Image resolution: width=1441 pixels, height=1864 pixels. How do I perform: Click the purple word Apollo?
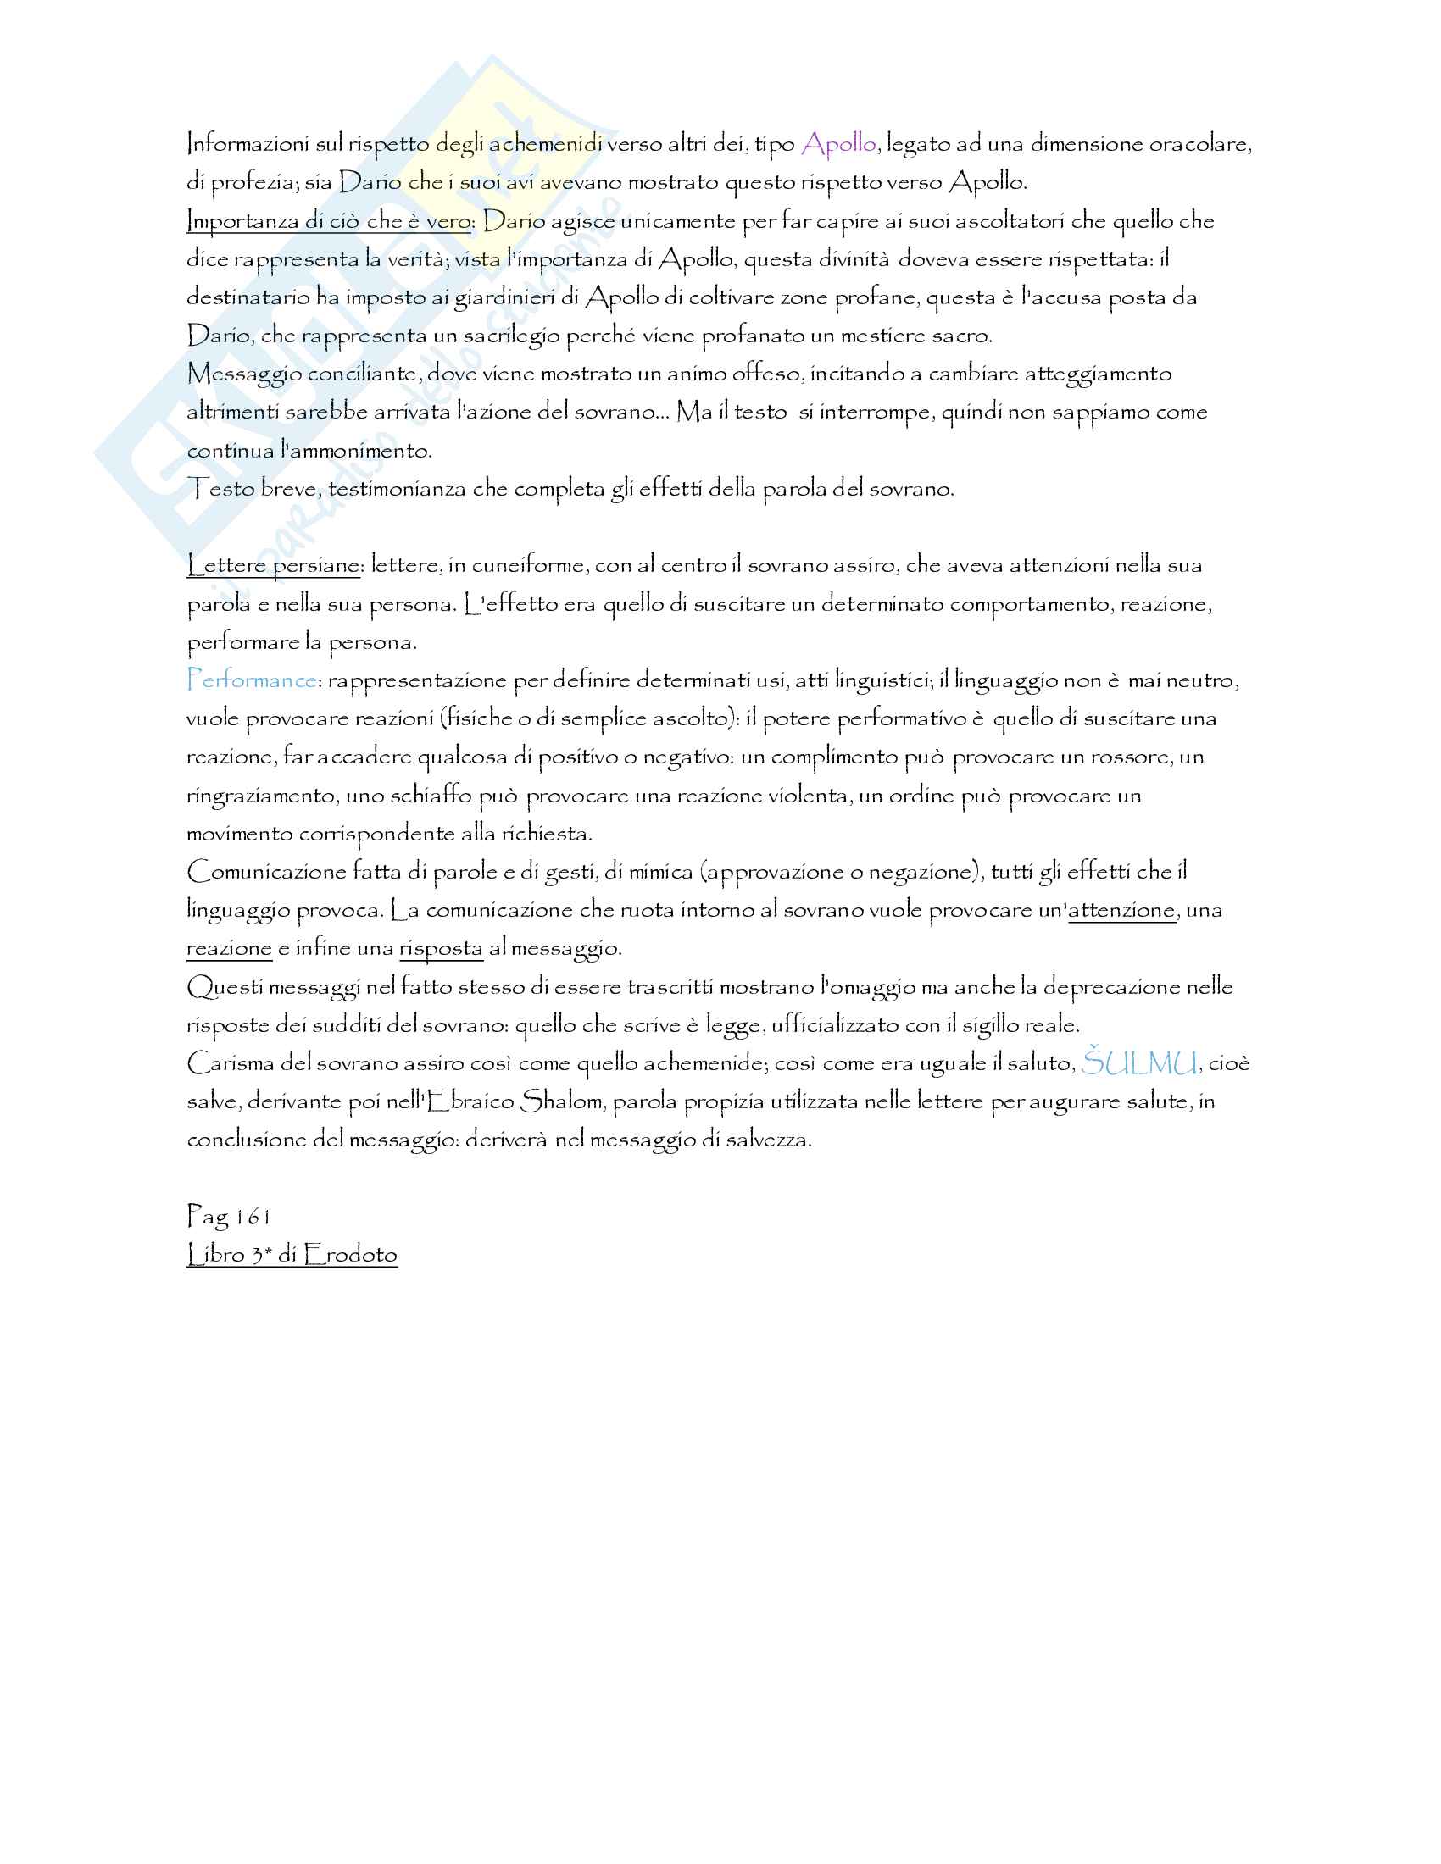pyautogui.click(x=839, y=144)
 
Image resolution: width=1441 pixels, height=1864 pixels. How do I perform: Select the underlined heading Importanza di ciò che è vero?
pyautogui.click(x=329, y=221)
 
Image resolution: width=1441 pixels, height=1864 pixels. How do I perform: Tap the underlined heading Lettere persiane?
pyautogui.click(x=274, y=565)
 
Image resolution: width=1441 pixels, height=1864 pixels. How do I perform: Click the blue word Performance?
pyautogui.click(x=251, y=680)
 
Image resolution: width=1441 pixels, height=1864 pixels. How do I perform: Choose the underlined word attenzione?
pyautogui.click(x=1121, y=911)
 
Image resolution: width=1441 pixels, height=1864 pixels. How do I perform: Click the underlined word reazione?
pyautogui.click(x=229, y=948)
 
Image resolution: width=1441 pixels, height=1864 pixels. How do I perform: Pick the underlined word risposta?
pyautogui.click(x=441, y=948)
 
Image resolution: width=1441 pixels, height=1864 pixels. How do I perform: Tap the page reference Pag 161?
pyautogui.click(x=228, y=1216)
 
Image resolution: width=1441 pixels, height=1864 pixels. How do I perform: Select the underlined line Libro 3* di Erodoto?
pyautogui.click(x=292, y=1255)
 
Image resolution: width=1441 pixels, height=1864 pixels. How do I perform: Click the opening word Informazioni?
pyautogui.click(x=248, y=144)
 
